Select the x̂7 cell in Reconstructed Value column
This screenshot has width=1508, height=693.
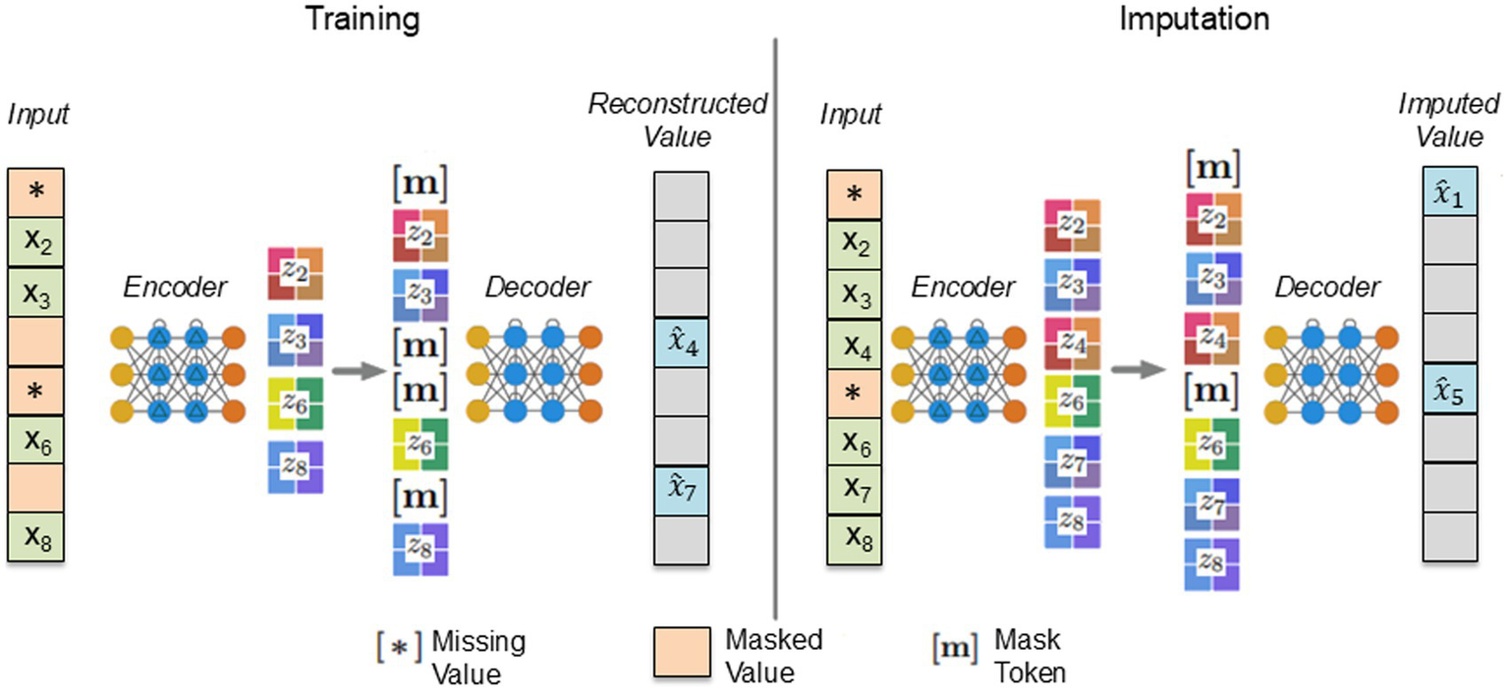pos(681,490)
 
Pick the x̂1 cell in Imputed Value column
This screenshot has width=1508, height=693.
pos(1450,191)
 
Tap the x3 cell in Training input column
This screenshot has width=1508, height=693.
pos(36,293)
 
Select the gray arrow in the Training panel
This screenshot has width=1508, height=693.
pos(355,372)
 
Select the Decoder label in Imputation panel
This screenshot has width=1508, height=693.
pos(1327,287)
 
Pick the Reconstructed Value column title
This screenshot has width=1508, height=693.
pos(678,119)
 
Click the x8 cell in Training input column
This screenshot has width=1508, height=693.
pos(36,537)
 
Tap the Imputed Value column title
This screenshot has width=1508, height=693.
pos(1449,119)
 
